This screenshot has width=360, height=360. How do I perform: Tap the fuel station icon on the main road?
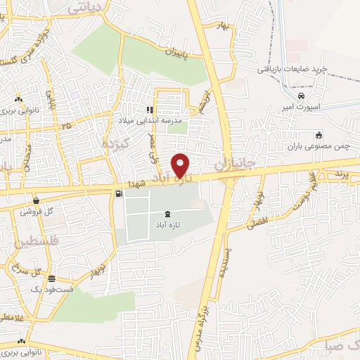[x=117, y=193]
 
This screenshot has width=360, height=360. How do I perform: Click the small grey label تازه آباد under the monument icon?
[x=167, y=226]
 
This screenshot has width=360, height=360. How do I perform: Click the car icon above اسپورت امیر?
[x=301, y=95]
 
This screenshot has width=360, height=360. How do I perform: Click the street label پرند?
[x=340, y=173]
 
